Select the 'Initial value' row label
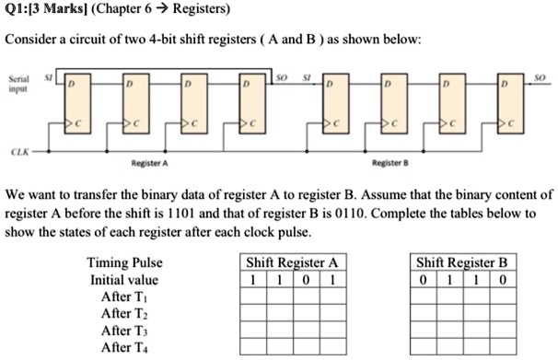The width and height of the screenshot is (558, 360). [123, 280]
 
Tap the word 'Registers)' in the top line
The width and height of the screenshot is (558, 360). [176, 12]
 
